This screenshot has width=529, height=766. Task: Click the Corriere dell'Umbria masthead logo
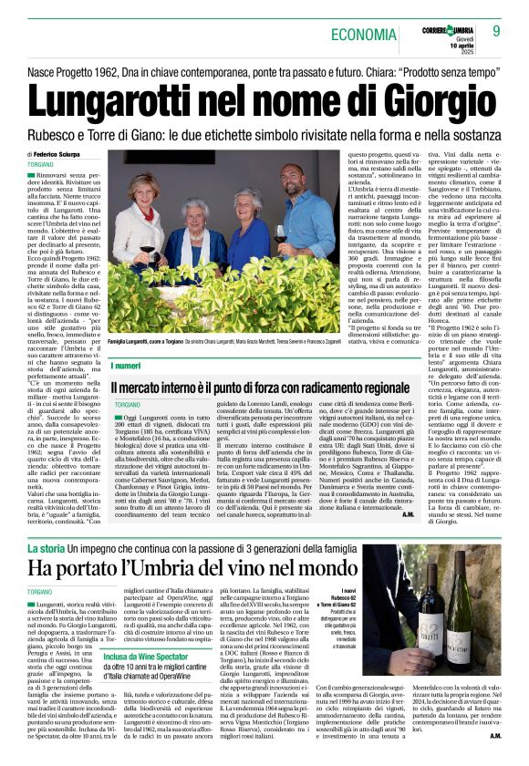(x=446, y=25)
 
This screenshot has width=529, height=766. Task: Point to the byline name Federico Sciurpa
(x=60, y=156)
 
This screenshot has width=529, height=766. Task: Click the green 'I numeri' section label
(x=126, y=365)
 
